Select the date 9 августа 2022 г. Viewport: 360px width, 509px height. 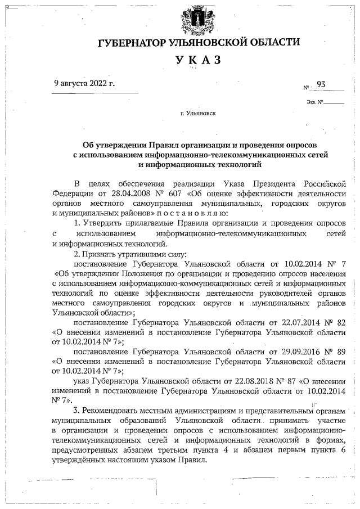(84, 83)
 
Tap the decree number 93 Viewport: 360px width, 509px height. (322, 84)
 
